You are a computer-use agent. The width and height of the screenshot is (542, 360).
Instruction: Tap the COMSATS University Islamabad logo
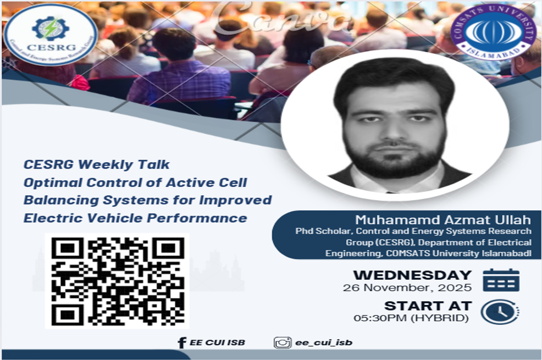[493, 34]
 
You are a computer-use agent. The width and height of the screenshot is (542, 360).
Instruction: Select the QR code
[117, 281]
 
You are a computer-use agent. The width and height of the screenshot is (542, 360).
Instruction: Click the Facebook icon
[182, 342]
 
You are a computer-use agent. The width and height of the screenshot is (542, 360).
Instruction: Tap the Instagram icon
[283, 342]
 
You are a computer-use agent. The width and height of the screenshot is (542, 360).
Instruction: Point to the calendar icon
[501, 280]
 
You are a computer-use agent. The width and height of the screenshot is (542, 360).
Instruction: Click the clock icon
[500, 312]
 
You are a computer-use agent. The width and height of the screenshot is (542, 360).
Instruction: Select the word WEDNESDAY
[412, 275]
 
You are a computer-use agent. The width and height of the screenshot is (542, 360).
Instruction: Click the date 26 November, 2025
[407, 287]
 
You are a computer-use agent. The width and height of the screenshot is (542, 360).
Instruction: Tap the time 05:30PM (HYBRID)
[412, 318]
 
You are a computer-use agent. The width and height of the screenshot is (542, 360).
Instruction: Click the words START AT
[428, 306]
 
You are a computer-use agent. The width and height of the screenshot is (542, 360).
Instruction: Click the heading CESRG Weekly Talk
[97, 164]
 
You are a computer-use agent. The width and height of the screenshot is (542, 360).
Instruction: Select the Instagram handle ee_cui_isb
[324, 342]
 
